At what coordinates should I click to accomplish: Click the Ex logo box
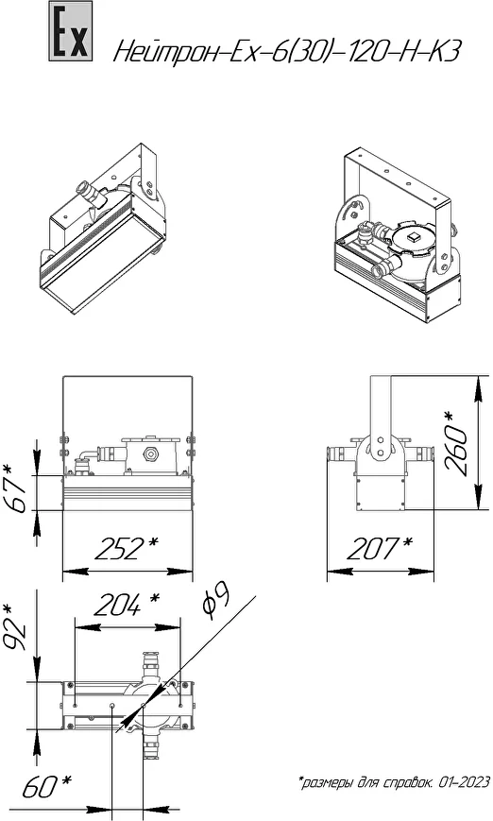[71, 31]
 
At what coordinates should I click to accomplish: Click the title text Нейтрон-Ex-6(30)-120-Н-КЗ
[287, 52]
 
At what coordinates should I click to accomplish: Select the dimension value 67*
[17, 489]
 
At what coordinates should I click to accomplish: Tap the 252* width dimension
[126, 548]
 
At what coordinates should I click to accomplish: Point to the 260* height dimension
[455, 443]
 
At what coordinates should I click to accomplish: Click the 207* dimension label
[380, 548]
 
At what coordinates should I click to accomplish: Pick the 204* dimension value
[126, 605]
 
